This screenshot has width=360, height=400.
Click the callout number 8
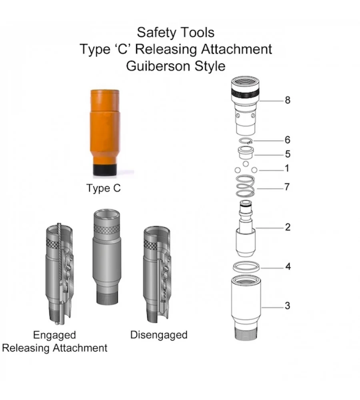pos(287,100)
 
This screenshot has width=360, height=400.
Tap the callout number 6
pos(287,140)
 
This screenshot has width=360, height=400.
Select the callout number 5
pos(287,154)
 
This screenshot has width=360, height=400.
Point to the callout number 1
pos(286,169)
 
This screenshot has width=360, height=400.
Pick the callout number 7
pos(287,187)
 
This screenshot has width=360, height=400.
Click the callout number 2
pos(287,228)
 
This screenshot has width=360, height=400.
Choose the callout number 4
pos(287,266)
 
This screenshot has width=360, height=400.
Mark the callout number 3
pos(287,306)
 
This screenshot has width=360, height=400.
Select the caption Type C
pos(103,188)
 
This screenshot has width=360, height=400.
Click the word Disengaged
pos(159,334)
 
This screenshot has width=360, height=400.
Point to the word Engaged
pos(54,334)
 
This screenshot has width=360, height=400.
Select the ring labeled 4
pos(246,266)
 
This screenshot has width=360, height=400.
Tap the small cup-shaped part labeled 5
pos(245,153)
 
